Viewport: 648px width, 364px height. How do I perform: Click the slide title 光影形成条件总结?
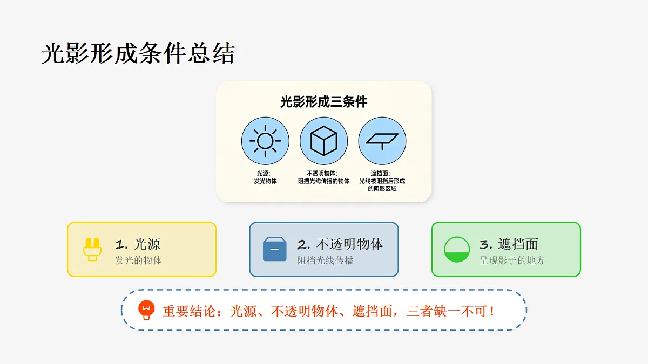click(x=138, y=53)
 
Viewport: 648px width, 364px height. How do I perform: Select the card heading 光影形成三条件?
click(x=323, y=102)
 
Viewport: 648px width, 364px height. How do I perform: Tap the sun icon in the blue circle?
click(x=265, y=141)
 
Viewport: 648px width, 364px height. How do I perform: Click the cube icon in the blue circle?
click(x=323, y=141)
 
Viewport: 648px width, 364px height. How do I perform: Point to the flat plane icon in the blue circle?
click(x=382, y=141)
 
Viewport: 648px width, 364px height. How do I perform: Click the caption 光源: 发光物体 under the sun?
click(x=265, y=177)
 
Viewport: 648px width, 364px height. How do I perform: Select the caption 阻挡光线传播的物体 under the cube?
click(x=323, y=181)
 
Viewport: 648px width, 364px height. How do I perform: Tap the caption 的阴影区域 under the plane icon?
click(x=382, y=189)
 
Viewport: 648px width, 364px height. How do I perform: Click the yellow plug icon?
click(x=92, y=249)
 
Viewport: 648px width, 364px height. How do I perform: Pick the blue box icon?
click(x=274, y=249)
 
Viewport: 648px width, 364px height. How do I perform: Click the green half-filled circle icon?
click(x=457, y=249)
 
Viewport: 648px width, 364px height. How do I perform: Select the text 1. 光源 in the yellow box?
click(x=138, y=244)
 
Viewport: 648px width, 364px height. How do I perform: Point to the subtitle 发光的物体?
click(x=138, y=260)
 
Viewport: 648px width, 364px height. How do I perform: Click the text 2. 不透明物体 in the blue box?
click(x=340, y=244)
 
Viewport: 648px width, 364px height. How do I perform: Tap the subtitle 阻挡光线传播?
click(x=325, y=260)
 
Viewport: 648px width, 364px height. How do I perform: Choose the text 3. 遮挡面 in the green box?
click(x=509, y=244)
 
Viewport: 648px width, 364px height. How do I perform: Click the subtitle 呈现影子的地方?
click(x=512, y=260)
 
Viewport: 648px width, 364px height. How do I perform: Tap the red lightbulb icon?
click(x=146, y=310)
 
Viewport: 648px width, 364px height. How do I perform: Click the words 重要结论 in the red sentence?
click(x=189, y=311)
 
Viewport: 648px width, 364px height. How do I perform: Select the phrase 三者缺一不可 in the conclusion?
click(x=447, y=311)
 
